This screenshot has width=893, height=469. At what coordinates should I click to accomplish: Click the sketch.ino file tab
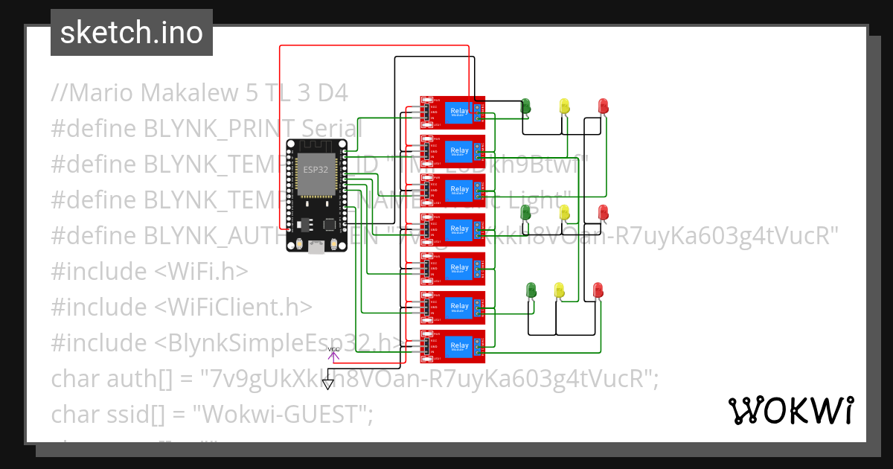(131, 33)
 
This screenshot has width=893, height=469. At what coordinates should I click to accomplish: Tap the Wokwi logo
(790, 410)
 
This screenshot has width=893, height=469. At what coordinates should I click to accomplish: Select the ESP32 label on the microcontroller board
(314, 169)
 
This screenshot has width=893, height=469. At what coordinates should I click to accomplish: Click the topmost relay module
(452, 112)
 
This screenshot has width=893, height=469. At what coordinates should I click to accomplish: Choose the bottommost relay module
(452, 346)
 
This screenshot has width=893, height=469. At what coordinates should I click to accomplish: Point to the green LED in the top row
(526, 106)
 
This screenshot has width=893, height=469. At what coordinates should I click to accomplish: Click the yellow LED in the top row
(565, 106)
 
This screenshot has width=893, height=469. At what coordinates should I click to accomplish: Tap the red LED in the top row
(604, 106)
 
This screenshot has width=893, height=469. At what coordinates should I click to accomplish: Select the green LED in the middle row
(526, 212)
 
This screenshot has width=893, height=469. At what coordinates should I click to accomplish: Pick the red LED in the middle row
(604, 212)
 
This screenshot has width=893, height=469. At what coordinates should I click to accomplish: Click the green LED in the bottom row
(531, 289)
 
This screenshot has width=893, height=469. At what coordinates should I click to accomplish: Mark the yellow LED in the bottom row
(560, 289)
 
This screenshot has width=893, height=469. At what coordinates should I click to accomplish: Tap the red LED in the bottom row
(598, 289)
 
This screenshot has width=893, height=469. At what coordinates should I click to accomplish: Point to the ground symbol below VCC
(328, 384)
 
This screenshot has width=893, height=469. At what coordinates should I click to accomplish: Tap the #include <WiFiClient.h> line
(182, 307)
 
